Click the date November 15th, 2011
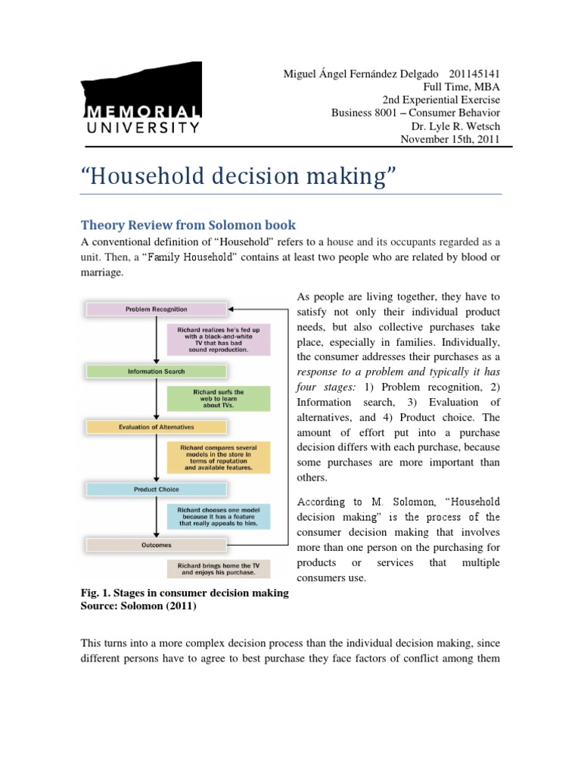click(449, 140)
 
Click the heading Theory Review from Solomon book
click(188, 225)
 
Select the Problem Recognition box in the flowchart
click(157, 309)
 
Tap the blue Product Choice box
click(157, 490)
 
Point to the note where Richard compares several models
click(218, 457)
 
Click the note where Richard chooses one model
click(218, 515)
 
